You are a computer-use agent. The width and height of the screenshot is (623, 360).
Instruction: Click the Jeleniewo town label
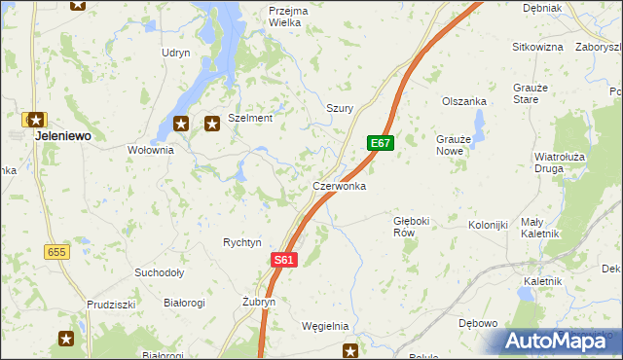pos(63,136)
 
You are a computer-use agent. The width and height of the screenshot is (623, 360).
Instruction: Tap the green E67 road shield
pos(381,144)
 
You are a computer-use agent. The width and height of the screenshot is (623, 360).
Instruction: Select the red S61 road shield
pos(283,260)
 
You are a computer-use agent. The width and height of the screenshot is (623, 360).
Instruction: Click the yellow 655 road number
pos(56,251)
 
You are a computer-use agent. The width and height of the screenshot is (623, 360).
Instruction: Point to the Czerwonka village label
pos(339,185)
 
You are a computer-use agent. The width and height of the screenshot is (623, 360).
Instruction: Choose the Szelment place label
pos(250,118)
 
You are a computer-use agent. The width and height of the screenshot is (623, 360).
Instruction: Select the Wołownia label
pos(150,150)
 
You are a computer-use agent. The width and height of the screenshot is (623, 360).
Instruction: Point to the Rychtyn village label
pos(242,242)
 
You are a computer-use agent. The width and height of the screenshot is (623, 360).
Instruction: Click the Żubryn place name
pos(259,303)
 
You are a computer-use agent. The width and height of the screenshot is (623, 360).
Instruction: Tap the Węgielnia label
pos(325,326)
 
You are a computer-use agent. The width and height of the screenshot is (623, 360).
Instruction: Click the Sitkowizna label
pos(538,46)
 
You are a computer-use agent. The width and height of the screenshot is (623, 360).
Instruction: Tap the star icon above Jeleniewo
pos(36,120)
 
